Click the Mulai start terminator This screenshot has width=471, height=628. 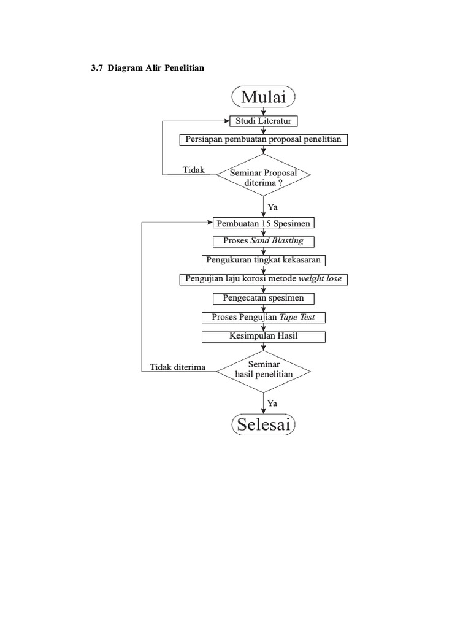263,96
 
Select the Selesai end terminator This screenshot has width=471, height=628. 263,424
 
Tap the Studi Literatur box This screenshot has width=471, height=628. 263,121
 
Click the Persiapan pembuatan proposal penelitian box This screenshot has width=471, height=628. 263,140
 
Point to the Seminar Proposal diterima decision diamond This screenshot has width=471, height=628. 263,175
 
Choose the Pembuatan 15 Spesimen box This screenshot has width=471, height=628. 263,223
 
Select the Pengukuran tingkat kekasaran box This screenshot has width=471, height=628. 263,260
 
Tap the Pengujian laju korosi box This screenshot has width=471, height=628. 263,280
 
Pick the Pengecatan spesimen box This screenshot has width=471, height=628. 263,299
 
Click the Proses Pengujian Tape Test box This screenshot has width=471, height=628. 263,318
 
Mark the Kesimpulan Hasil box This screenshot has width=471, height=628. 263,337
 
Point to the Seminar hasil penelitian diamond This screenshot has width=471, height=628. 263,372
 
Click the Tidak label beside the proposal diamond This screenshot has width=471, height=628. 193,170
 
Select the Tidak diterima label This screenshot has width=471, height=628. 177,367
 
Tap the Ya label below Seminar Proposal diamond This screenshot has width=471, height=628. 273,207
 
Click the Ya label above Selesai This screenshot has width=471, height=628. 272,404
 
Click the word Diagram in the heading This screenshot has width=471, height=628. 125,68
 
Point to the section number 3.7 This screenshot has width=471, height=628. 97,68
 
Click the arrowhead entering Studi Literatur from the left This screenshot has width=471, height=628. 227,121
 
